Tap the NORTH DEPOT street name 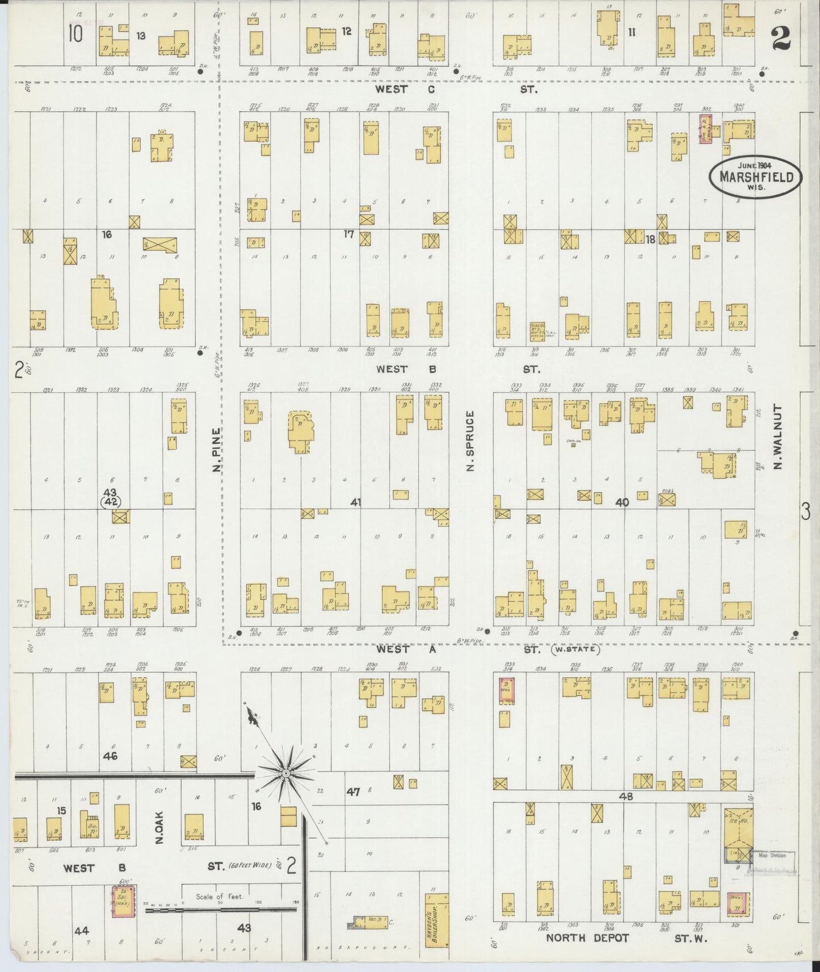point(587,938)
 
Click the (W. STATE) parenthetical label point(575,650)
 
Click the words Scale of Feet point(219,897)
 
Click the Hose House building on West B point(537,331)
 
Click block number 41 point(356,502)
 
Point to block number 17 point(349,234)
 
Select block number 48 point(626,796)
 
